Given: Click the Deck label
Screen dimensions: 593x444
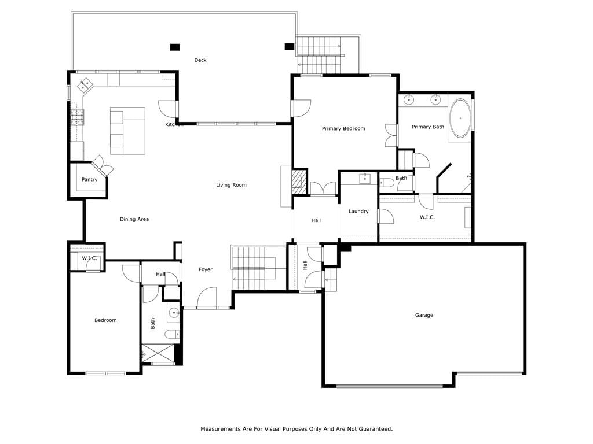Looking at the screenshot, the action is (200, 60).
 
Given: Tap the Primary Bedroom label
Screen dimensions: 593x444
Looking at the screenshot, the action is (343, 129).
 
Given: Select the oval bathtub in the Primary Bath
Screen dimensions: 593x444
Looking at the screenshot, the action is (460, 118).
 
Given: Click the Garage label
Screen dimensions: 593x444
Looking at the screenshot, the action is (424, 315).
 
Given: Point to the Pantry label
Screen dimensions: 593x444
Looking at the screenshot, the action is (89, 180).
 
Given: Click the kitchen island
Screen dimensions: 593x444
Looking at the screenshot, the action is (128, 131).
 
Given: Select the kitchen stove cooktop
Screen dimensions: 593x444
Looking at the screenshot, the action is (77, 117).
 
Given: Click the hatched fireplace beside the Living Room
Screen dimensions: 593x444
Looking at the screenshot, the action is (299, 182).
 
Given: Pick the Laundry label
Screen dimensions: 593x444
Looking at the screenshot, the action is (358, 212).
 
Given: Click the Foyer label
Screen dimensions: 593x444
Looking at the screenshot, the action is (206, 269).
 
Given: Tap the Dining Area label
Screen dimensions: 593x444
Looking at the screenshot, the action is (134, 219).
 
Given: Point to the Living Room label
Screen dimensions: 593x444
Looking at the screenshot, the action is (231, 185).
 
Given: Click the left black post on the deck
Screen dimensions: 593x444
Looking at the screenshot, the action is (174, 47).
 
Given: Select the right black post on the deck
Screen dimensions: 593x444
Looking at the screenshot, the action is (290, 47).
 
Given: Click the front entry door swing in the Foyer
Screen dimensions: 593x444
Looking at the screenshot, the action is (207, 298).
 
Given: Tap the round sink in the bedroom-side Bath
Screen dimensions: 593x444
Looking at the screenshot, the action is (174, 313).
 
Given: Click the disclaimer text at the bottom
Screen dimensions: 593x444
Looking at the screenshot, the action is (296, 429).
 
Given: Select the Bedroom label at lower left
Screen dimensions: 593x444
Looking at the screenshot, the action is (105, 320).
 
